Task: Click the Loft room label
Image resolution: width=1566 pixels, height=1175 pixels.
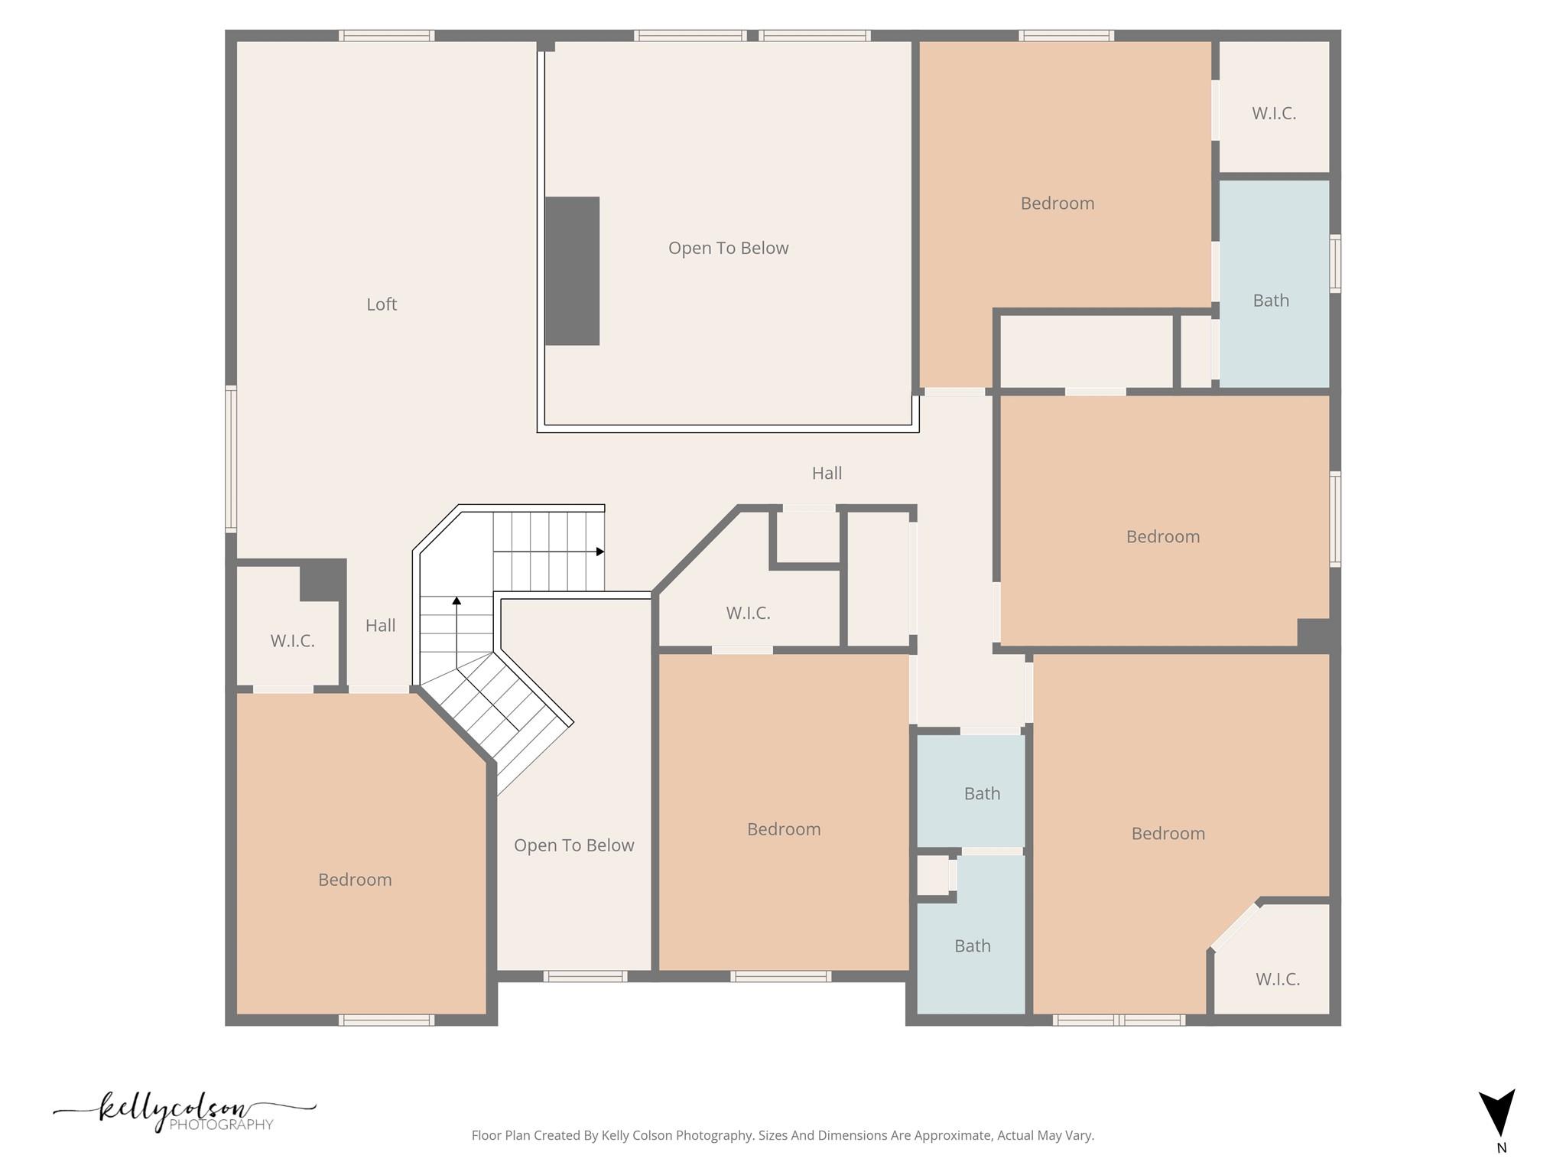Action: [381, 304]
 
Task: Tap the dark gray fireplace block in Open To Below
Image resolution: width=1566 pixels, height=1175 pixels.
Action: [572, 271]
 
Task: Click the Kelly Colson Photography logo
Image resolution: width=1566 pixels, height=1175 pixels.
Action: [184, 1112]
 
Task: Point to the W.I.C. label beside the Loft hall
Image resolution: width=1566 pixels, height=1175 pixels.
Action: [292, 641]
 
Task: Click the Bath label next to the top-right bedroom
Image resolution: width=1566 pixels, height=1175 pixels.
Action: [1270, 301]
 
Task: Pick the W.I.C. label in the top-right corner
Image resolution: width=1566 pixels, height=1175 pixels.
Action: [1273, 114]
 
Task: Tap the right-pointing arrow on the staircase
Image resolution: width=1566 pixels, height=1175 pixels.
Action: [599, 552]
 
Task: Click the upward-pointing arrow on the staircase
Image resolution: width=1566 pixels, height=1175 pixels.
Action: [456, 601]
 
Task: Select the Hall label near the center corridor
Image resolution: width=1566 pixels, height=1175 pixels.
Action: [827, 474]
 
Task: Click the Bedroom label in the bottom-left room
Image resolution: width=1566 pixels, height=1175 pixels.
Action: [355, 880]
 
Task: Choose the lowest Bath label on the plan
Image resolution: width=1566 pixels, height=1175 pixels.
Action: [972, 946]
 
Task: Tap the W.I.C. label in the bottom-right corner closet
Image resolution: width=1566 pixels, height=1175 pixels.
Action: [1277, 979]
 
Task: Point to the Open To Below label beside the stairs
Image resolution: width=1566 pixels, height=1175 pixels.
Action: [573, 845]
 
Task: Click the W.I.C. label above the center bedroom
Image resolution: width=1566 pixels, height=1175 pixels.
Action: [748, 614]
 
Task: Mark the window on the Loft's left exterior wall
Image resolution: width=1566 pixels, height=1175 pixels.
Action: [230, 459]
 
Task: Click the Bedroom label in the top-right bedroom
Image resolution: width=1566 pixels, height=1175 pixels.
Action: [1057, 203]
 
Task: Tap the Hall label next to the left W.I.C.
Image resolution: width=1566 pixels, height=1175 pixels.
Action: [380, 626]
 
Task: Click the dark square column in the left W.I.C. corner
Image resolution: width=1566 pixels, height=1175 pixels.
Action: [322, 579]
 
